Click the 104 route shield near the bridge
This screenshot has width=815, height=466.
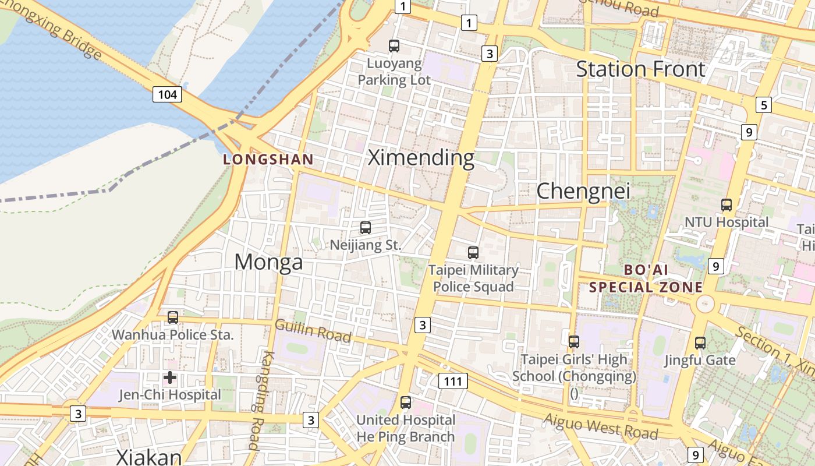pyautogui.click(x=167, y=94)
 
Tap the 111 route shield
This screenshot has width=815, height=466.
pyautogui.click(x=452, y=382)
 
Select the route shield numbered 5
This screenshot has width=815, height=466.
pyautogui.click(x=763, y=105)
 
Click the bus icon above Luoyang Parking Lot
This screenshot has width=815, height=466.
pyautogui.click(x=394, y=45)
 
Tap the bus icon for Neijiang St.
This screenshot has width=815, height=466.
pyautogui.click(x=366, y=228)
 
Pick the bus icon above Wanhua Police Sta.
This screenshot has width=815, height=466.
pyautogui.click(x=173, y=317)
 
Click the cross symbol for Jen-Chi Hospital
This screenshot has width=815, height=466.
pyautogui.click(x=170, y=377)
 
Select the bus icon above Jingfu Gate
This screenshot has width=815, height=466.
pyautogui.click(x=700, y=343)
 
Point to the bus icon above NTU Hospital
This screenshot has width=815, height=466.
pyautogui.click(x=727, y=204)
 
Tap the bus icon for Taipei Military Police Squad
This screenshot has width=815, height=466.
pyautogui.click(x=473, y=253)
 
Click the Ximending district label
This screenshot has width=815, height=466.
pyautogui.click(x=421, y=158)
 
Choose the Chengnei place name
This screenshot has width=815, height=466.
pyautogui.click(x=583, y=191)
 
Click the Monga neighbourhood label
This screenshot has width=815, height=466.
pyautogui.click(x=268, y=262)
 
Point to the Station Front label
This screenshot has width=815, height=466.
pyautogui.click(x=640, y=69)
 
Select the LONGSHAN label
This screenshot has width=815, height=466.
pyautogui.click(x=268, y=159)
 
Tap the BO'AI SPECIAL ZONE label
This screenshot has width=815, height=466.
pyautogui.click(x=646, y=278)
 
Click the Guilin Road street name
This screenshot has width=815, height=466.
pyautogui.click(x=313, y=331)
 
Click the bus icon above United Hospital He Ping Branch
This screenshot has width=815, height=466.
pyautogui.click(x=406, y=403)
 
